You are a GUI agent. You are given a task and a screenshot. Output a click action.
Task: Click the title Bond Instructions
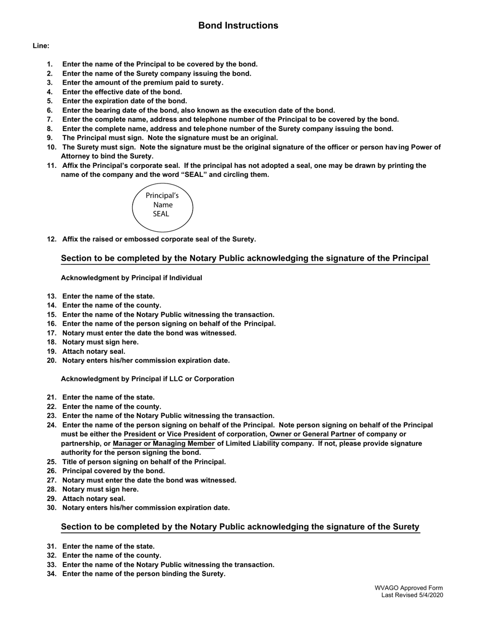tap(238, 26)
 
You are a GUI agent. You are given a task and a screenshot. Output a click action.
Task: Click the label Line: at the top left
tap(41, 46)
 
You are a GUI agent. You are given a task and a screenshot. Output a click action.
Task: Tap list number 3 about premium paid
tap(49, 83)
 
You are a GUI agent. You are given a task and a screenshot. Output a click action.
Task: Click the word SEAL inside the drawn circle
tap(161, 214)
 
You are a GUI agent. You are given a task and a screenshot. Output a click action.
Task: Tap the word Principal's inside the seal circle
tap(162, 196)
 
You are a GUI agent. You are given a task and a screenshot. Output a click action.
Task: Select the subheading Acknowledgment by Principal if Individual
tap(131, 278)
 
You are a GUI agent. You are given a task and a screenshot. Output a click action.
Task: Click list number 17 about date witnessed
tap(51, 333)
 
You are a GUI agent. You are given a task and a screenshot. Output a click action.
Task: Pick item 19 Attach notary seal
tap(94, 351)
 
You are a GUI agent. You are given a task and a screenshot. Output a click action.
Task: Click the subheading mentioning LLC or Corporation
tap(147, 379)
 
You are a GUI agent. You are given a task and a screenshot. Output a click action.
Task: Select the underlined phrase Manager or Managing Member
tap(164, 444)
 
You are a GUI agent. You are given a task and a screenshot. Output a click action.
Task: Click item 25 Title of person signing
tap(144, 462)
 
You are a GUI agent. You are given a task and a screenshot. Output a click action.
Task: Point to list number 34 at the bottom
tap(51, 574)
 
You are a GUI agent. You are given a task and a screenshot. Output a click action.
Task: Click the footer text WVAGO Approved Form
tap(408, 588)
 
